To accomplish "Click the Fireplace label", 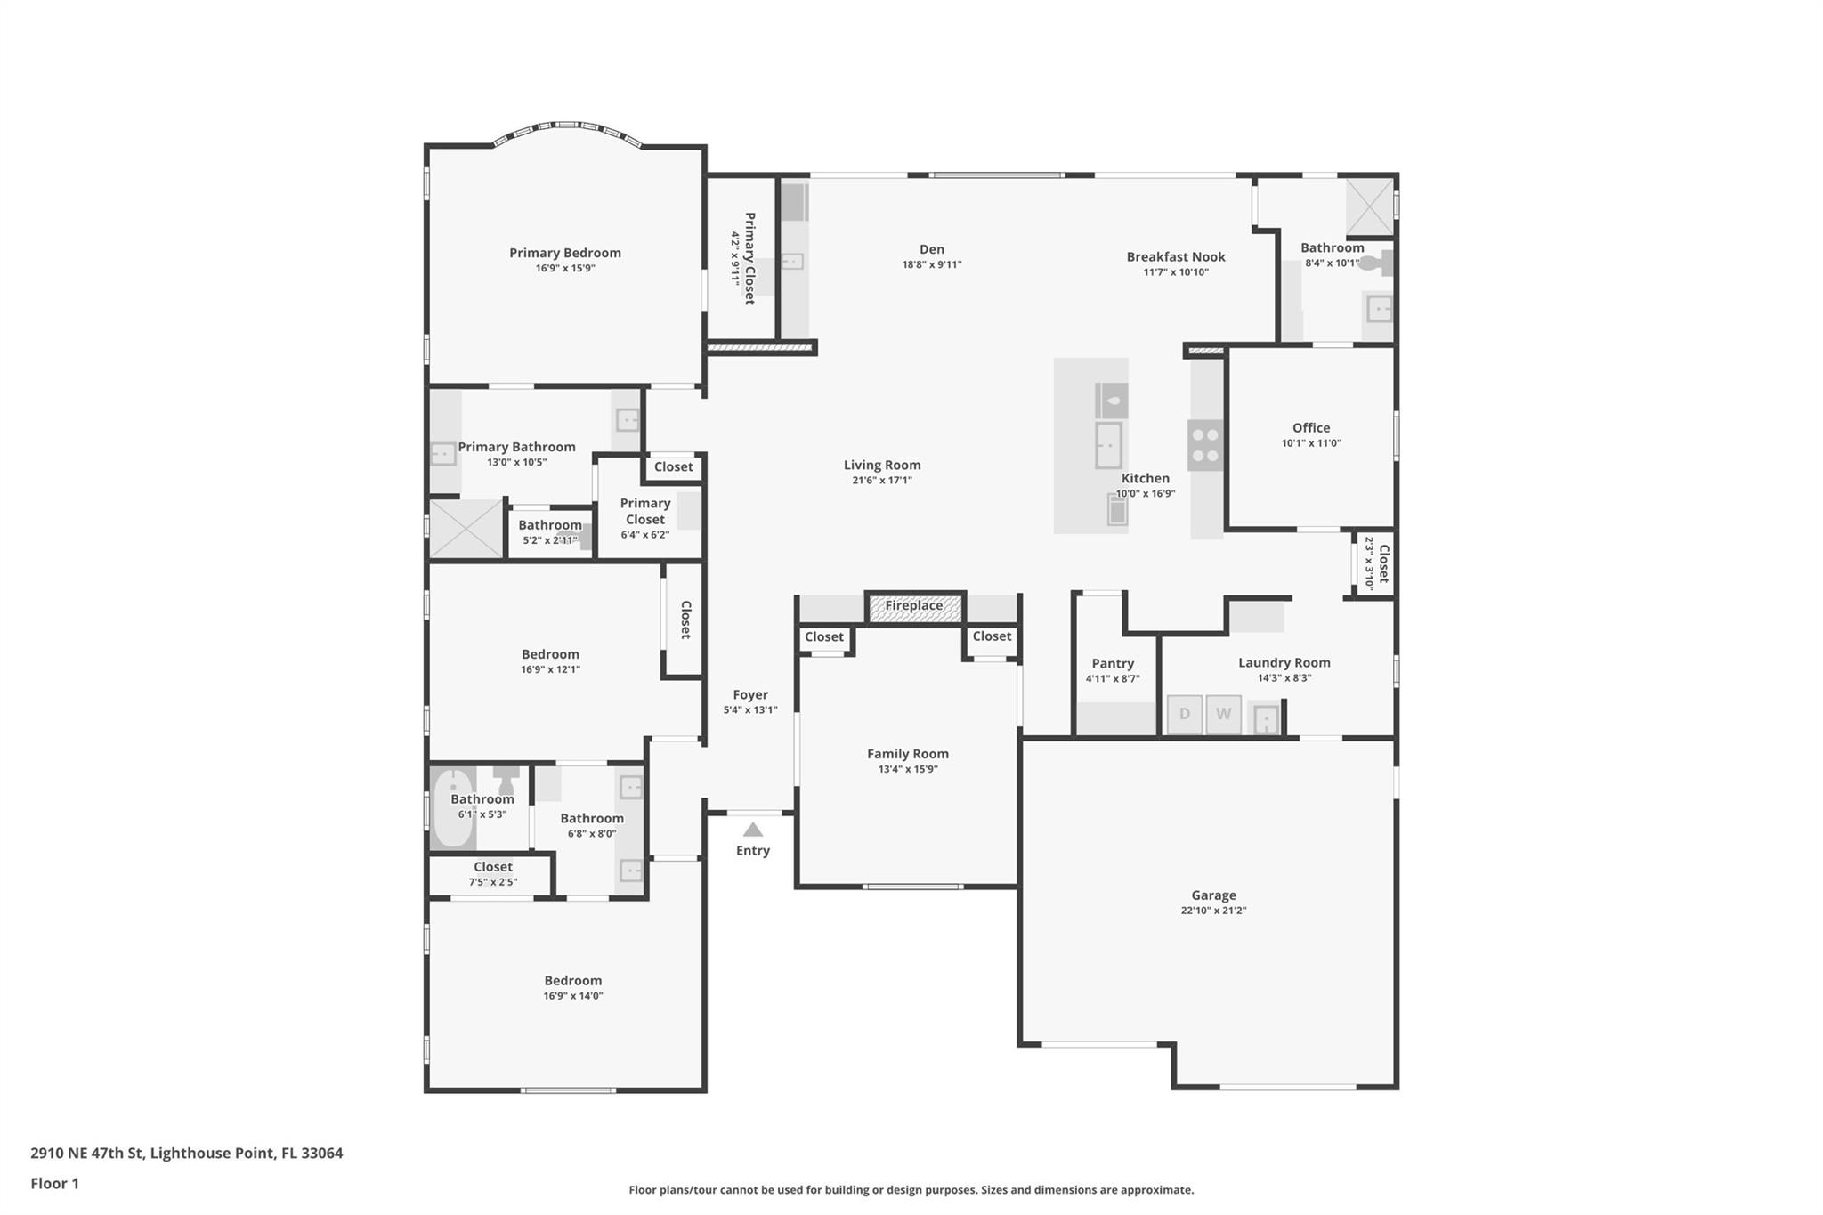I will pyautogui.click(x=913, y=606).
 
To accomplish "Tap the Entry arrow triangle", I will pyautogui.click(x=753, y=830).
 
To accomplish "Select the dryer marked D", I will pyautogui.click(x=1184, y=714).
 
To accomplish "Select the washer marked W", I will pyautogui.click(x=1223, y=714).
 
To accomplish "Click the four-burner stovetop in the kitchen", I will pyautogui.click(x=1205, y=445).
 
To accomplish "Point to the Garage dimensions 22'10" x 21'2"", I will pyautogui.click(x=1213, y=911).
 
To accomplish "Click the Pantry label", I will pyautogui.click(x=1113, y=663).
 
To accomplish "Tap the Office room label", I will pyautogui.click(x=1310, y=427).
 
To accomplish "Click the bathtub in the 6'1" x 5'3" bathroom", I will pyautogui.click(x=452, y=808).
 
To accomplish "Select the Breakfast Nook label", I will pyautogui.click(x=1175, y=256).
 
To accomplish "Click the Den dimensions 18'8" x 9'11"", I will pyautogui.click(x=931, y=264).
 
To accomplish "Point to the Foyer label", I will pyautogui.click(x=750, y=694).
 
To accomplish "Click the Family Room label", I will pyautogui.click(x=907, y=753).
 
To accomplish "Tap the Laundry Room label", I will pyautogui.click(x=1284, y=662).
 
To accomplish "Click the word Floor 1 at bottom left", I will pyautogui.click(x=54, y=1183).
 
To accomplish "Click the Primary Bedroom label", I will pyautogui.click(x=564, y=253).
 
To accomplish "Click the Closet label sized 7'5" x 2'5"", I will pyautogui.click(x=492, y=866).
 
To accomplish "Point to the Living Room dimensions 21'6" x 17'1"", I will pyautogui.click(x=881, y=481).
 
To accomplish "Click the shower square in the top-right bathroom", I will pyautogui.click(x=1368, y=206).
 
